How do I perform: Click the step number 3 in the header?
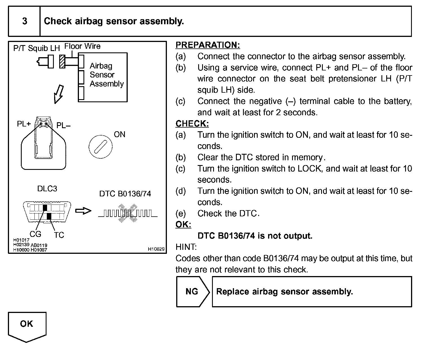pos(25,21)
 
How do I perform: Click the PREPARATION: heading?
pos(207,45)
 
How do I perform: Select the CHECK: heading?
pos(192,124)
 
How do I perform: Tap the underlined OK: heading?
pos(183,225)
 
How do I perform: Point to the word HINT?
pos(186,247)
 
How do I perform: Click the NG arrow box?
pos(192,292)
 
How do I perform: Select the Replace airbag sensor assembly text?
pos(284,292)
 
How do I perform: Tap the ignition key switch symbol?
pos(100,147)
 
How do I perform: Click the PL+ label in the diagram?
pos(24,124)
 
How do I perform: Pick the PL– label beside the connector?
pos(63,126)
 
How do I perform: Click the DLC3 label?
pos(47,189)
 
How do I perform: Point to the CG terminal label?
pos(36,234)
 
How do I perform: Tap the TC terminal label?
pos(59,235)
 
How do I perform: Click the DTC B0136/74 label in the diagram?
pos(125,194)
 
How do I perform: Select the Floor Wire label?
pos(82,46)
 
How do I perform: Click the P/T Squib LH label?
pos(36,48)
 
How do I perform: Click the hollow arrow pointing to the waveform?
pos(83,211)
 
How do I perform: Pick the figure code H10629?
pos(156,249)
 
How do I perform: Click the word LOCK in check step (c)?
pos(309,169)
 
